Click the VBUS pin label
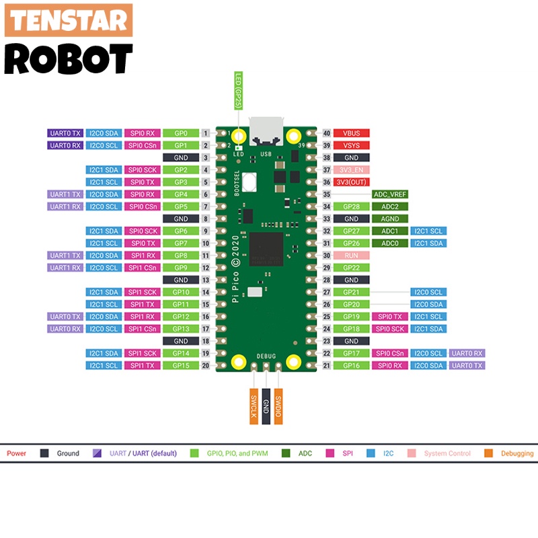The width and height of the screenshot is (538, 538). click(351, 133)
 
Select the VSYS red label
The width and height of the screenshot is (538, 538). click(351, 145)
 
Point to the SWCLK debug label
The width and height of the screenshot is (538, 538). click(254, 406)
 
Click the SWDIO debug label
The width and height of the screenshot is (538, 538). click(278, 406)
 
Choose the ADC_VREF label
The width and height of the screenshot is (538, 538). click(390, 194)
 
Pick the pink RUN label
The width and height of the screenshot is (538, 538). click(351, 256)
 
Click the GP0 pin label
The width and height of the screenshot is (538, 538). click(181, 133)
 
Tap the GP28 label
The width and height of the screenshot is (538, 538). click(351, 206)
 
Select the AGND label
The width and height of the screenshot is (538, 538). click(390, 219)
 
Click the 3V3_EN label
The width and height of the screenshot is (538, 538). click(351, 170)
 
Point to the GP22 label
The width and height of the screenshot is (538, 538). click(351, 268)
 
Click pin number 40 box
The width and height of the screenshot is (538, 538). click(327, 133)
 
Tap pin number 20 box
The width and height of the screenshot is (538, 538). click(205, 365)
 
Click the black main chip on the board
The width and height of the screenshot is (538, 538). click(267, 249)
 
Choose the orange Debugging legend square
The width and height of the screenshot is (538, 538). click(489, 453)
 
